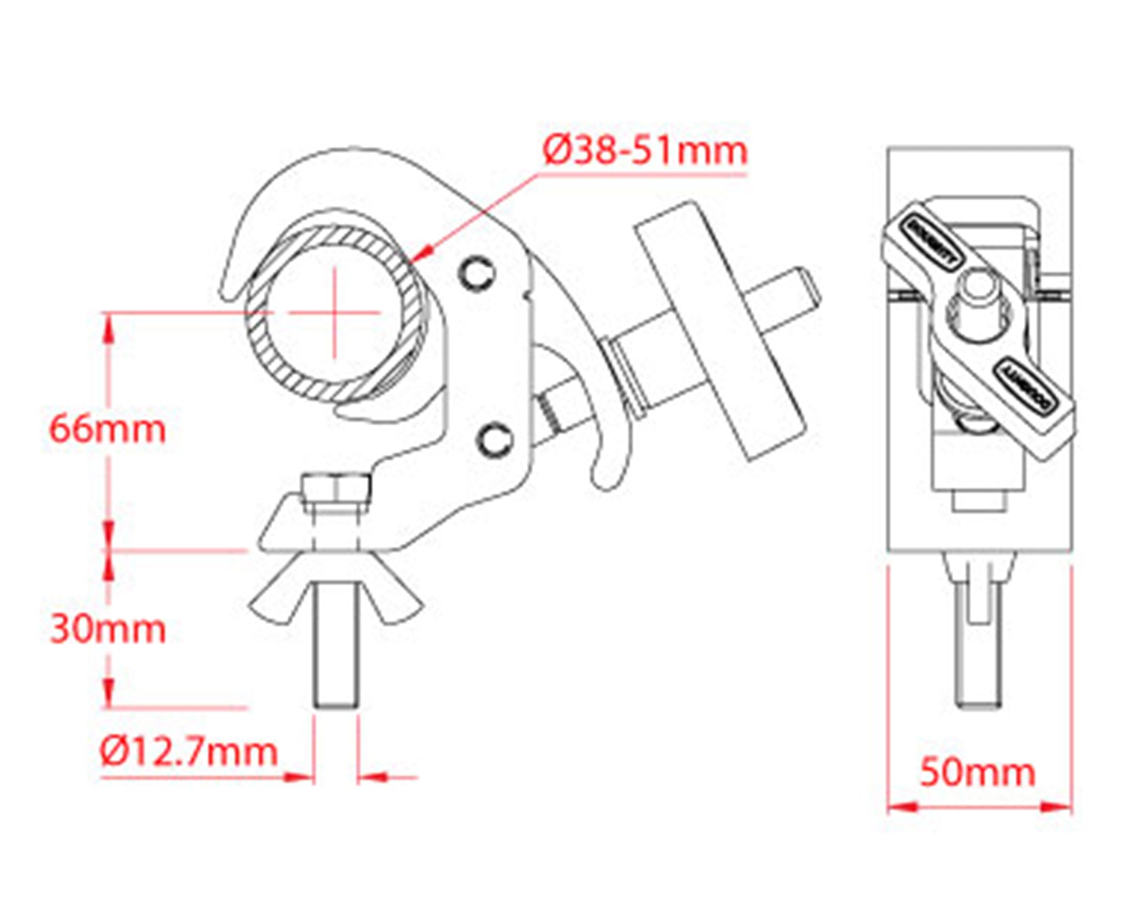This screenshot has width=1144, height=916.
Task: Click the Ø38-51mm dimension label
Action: click(645, 151)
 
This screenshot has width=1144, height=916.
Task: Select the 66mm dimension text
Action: click(107, 429)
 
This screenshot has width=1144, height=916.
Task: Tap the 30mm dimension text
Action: click(107, 629)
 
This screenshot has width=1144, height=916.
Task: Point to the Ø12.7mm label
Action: click(189, 752)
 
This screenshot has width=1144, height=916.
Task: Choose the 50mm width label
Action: click(977, 773)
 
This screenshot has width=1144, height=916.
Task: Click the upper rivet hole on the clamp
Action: click(478, 273)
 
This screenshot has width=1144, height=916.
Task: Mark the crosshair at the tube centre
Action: click(334, 312)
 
